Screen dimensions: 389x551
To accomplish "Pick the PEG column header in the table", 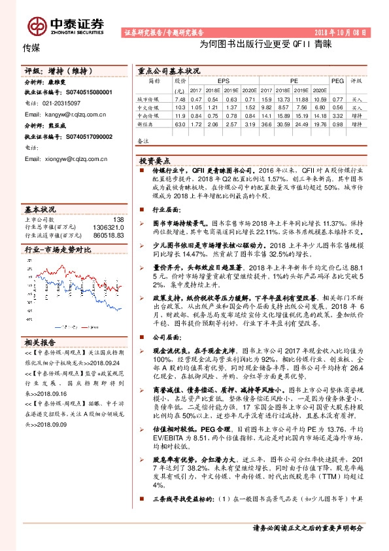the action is click(x=338, y=80).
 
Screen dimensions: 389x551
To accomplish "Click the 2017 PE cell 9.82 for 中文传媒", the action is click(x=266, y=106).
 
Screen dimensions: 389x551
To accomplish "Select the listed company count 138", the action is click(x=118, y=219).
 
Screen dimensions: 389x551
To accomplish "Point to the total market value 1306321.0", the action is click(x=109, y=226).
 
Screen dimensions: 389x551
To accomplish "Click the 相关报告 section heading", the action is click(x=40, y=342).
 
